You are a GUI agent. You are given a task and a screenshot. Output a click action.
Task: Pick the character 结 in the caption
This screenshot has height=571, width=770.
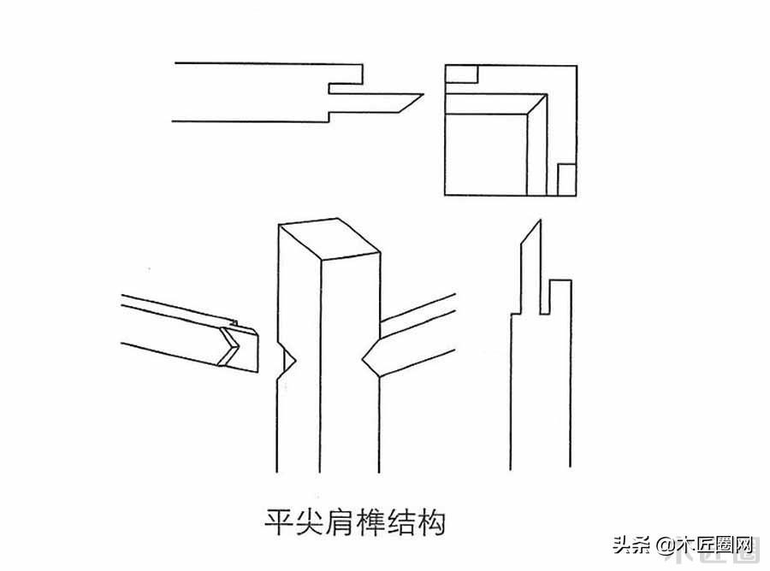400,523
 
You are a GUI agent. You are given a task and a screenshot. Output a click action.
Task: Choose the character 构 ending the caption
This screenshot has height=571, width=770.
431,523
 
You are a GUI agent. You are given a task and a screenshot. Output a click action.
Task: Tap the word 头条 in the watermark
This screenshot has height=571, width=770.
632,545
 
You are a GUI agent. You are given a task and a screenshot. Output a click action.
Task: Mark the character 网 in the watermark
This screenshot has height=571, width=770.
742,545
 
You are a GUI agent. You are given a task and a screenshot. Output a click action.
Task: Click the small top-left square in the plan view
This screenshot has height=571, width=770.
462,74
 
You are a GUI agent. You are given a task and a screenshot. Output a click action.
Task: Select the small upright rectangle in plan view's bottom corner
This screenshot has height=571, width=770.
566,180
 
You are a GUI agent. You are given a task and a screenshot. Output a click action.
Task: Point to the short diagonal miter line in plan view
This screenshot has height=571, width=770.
536,104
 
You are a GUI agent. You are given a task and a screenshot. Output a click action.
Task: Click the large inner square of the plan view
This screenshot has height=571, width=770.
486,155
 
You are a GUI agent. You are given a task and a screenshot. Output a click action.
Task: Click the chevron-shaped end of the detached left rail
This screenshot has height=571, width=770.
230,347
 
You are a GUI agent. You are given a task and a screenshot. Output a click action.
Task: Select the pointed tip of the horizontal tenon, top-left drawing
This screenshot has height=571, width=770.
423,95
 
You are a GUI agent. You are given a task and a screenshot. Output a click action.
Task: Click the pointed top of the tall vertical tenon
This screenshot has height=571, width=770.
540,221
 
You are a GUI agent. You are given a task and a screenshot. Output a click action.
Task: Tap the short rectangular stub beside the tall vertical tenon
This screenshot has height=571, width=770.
560,297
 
